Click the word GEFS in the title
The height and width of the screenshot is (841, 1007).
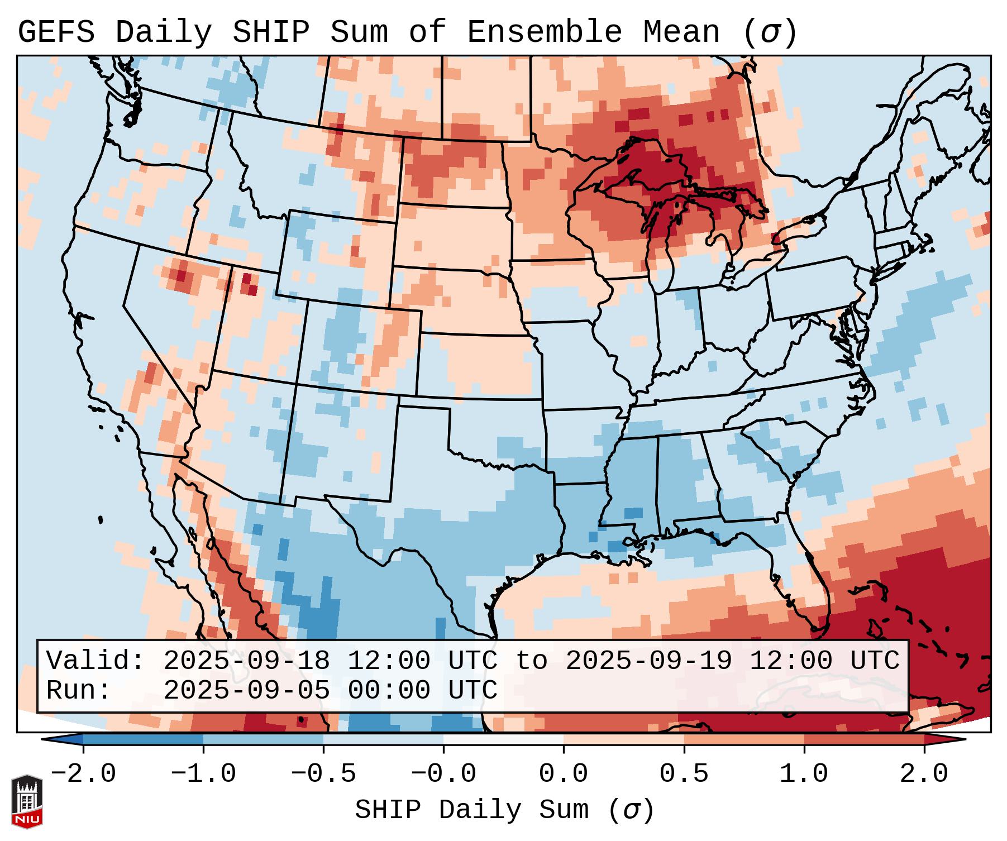[56, 32]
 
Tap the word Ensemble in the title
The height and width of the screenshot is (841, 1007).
[544, 32]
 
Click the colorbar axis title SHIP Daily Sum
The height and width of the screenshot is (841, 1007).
[503, 810]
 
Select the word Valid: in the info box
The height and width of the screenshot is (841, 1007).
[96, 661]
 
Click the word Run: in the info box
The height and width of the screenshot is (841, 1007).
[79, 690]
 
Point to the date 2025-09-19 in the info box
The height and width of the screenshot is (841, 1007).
[648, 661]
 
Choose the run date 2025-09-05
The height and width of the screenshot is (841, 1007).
[246, 690]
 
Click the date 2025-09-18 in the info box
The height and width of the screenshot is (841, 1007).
[246, 661]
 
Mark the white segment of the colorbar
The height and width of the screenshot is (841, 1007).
[503, 739]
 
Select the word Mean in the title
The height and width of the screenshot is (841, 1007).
[681, 32]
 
